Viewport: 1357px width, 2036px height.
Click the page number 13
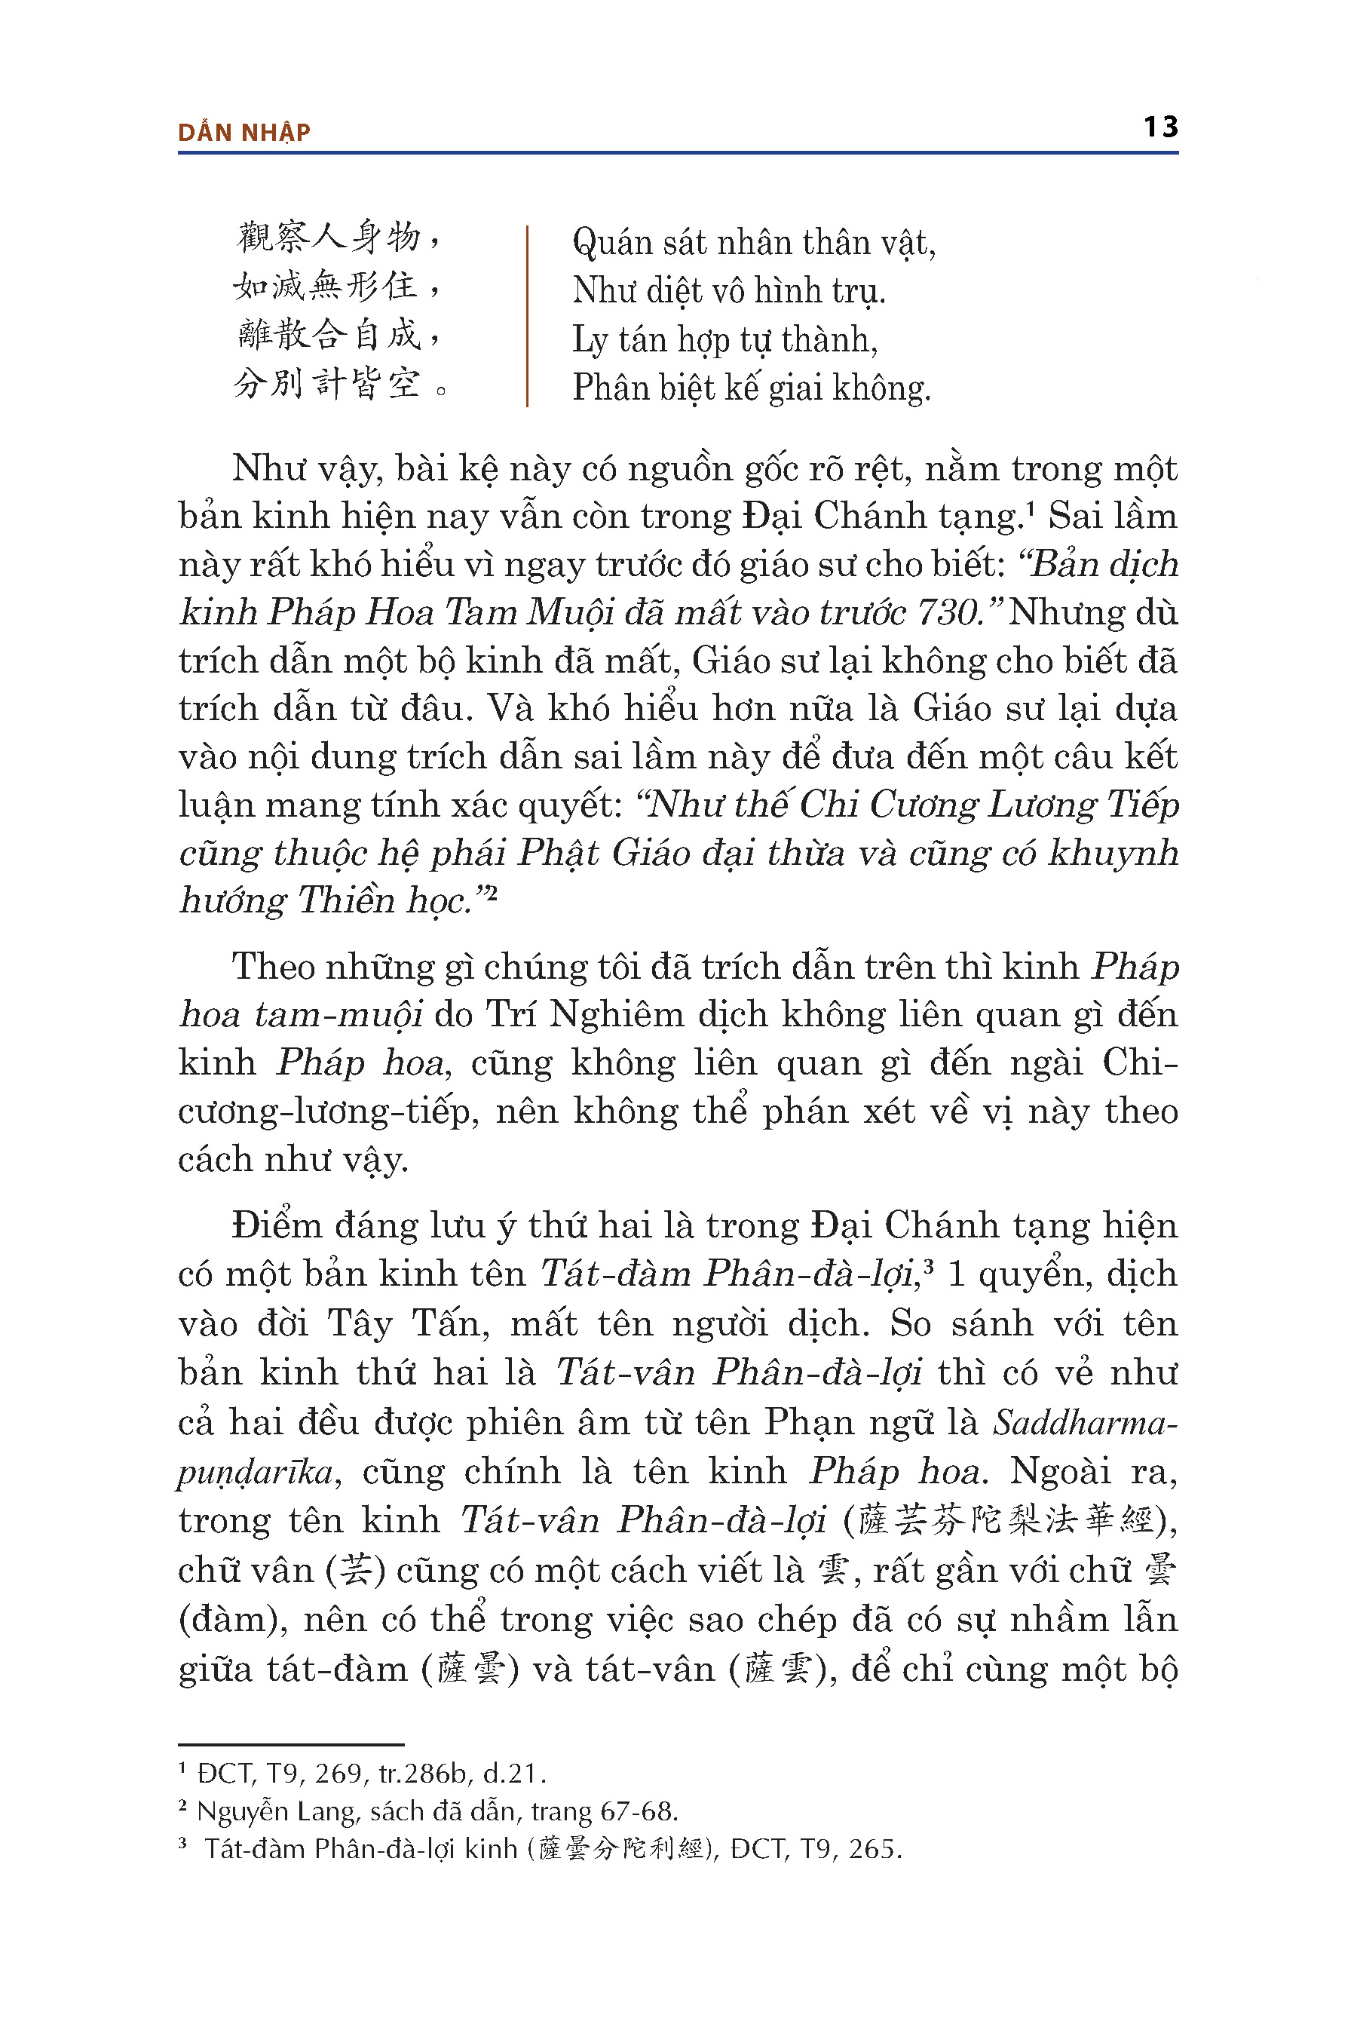tap(1159, 127)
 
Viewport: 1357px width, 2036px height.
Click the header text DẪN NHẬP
tap(244, 133)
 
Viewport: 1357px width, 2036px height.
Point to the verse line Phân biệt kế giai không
tap(751, 388)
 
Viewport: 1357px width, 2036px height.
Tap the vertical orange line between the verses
tap(527, 316)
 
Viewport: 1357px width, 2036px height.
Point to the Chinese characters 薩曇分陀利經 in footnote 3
tap(621, 1850)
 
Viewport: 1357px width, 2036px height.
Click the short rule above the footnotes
tap(291, 1745)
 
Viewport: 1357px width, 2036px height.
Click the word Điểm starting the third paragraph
tap(276, 1227)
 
